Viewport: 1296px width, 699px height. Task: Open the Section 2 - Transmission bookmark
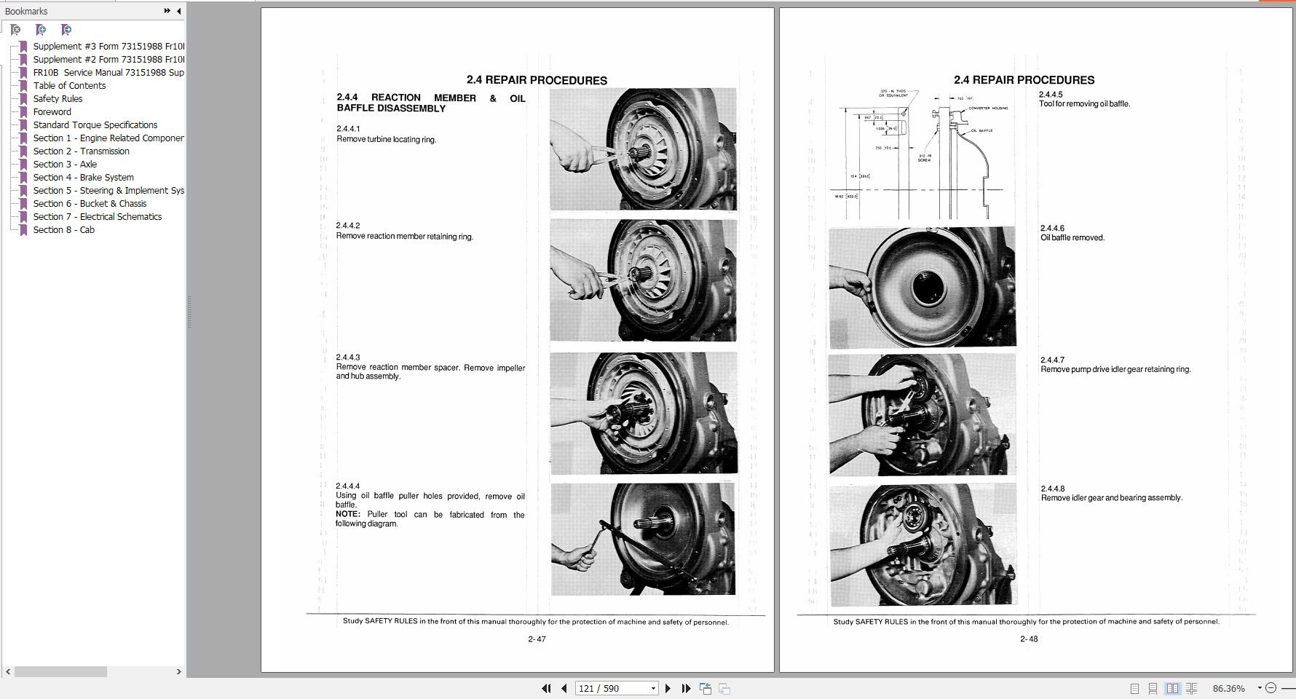point(81,151)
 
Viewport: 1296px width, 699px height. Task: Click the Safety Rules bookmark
point(58,98)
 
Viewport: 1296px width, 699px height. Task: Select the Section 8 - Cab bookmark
point(63,229)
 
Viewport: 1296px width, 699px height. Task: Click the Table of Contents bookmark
point(69,85)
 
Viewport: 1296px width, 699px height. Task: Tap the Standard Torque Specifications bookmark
point(95,125)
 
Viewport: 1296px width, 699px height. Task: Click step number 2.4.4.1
point(348,129)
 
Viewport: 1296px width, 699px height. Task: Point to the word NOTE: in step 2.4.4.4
point(348,514)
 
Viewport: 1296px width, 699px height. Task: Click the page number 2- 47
point(537,639)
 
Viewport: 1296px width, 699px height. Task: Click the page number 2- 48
point(1029,639)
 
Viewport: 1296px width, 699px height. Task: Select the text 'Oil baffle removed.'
point(1072,237)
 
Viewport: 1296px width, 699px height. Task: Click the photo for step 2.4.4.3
point(644,413)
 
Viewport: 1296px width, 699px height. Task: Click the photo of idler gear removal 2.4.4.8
point(922,545)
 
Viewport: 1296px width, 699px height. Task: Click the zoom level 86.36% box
point(1228,688)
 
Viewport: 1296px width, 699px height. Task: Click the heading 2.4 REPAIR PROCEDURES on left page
point(537,80)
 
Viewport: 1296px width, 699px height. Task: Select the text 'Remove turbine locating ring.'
point(386,139)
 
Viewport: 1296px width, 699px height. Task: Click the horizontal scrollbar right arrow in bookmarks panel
point(178,671)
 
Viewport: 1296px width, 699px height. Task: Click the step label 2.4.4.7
point(1052,360)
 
